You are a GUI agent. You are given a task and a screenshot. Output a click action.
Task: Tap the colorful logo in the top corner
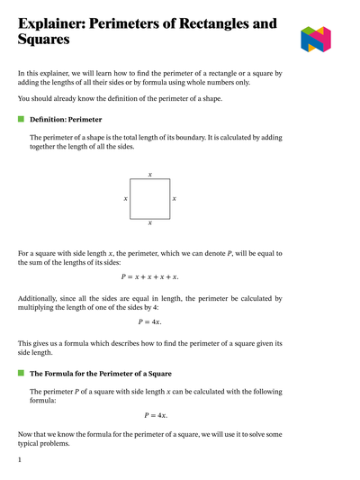[316, 39]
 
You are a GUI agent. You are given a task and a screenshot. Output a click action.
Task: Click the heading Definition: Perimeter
[66, 119]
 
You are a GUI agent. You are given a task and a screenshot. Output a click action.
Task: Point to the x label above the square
[149, 174]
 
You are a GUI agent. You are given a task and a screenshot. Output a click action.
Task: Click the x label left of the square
[125, 198]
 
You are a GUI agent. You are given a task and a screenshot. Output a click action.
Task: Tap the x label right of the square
[174, 198]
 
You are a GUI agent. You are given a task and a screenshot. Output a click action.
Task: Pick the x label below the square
[149, 222]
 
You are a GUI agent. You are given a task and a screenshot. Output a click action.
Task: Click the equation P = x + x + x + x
[149, 276]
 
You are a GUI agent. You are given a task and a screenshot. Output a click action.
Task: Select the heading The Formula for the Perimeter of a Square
[101, 373]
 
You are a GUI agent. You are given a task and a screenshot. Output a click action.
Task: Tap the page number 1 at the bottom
[20, 459]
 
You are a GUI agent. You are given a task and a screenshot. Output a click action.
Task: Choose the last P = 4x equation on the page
[156, 415]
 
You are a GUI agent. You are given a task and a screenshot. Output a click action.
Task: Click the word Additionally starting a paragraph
[40, 298]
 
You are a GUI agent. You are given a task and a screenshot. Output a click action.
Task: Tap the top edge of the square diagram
[149, 179]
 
